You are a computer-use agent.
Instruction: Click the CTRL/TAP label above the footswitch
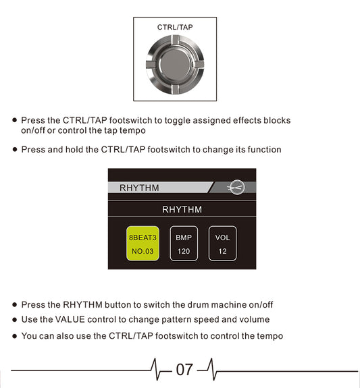pyautogui.click(x=175, y=27)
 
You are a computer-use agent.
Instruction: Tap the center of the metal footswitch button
pyautogui.click(x=175, y=65)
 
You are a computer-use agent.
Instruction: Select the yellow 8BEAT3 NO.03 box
pyautogui.click(x=143, y=244)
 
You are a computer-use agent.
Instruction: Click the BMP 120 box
pyautogui.click(x=184, y=244)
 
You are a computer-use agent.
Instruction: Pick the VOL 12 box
pyautogui.click(x=222, y=244)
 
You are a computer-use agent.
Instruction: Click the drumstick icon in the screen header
pyautogui.click(x=236, y=188)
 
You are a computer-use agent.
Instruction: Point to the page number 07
pyautogui.click(x=184, y=370)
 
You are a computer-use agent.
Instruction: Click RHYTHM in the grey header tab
pyautogui.click(x=139, y=188)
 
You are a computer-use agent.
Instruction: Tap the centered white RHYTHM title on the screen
pyautogui.click(x=182, y=210)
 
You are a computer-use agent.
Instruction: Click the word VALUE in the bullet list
pyautogui.click(x=70, y=319)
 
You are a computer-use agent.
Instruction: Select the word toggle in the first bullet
pyautogui.click(x=178, y=121)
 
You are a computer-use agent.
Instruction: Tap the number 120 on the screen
pyautogui.click(x=184, y=252)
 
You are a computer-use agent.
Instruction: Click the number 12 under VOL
pyautogui.click(x=222, y=252)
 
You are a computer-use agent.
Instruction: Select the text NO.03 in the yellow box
pyautogui.click(x=143, y=252)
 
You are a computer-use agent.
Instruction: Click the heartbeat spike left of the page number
pyautogui.click(x=155, y=369)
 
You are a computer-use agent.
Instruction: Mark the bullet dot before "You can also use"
pyautogui.click(x=15, y=336)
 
